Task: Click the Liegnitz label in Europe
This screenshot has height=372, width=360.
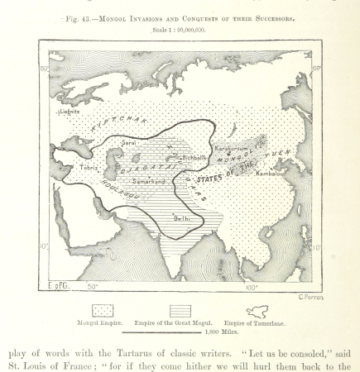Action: [70, 109]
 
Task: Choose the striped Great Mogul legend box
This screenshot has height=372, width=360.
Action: [177, 310]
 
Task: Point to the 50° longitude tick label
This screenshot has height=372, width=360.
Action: [93, 286]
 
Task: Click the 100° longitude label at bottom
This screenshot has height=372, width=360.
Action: [251, 286]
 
